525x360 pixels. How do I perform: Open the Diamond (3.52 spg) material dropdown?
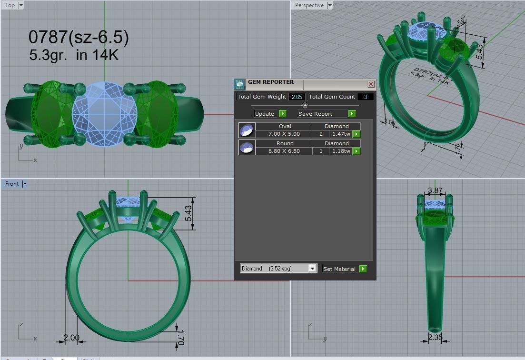pos(312,269)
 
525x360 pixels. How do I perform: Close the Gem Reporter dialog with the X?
pos(371,84)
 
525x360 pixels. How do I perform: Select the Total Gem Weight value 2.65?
pos(297,97)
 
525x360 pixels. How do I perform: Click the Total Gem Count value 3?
pos(365,97)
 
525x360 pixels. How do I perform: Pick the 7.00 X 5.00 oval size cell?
pos(284,134)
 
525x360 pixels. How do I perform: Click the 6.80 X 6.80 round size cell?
pos(284,151)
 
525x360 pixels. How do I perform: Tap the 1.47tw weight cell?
pos(341,134)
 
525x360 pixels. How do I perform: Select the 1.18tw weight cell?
pos(341,151)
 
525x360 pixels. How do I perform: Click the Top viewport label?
pos(10,5)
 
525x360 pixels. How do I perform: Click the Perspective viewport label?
pos(309,5)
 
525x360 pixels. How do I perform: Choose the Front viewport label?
pos(12,184)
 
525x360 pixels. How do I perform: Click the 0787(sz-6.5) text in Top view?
pos(79,37)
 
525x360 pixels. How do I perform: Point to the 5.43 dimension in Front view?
pos(189,213)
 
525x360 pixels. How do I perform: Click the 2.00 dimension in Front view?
pos(71,337)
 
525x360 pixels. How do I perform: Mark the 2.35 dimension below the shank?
pos(435,337)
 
